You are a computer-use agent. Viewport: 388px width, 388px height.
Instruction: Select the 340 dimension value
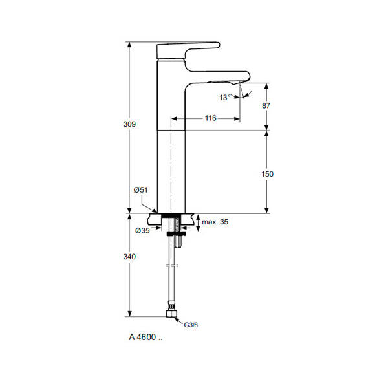coord(130,257)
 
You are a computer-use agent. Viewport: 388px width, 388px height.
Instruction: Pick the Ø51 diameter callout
coord(140,189)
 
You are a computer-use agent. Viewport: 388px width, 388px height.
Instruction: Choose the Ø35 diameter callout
coord(142,231)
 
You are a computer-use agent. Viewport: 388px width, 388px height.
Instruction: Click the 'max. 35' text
coord(215,222)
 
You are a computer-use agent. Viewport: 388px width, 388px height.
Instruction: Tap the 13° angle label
coord(224,97)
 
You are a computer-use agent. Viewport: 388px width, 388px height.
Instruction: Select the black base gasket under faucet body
coord(172,215)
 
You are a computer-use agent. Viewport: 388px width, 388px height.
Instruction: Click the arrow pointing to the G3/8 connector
coord(181,321)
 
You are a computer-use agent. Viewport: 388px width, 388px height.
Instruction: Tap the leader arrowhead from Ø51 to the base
coord(155,210)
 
